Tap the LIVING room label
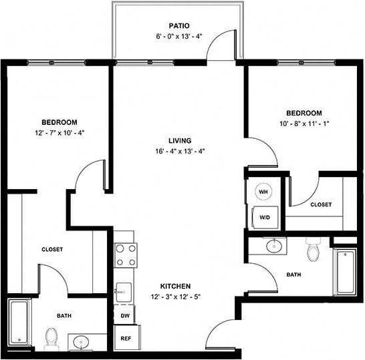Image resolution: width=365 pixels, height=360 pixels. pyautogui.click(x=180, y=140)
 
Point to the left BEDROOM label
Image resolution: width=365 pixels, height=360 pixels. pyautogui.click(x=59, y=122)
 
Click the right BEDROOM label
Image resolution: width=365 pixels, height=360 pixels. pyautogui.click(x=304, y=114)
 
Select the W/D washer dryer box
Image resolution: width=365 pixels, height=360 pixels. pyautogui.click(x=264, y=216)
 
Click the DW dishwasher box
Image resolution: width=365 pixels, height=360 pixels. pyautogui.click(x=125, y=313)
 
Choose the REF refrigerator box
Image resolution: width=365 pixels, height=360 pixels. pyautogui.click(x=125, y=338)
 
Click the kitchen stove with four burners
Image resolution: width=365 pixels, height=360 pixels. pyautogui.click(x=125, y=254)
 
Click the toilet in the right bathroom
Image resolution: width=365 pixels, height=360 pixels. pyautogui.click(x=312, y=251)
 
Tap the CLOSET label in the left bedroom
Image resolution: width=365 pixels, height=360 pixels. pyautogui.click(x=52, y=249)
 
